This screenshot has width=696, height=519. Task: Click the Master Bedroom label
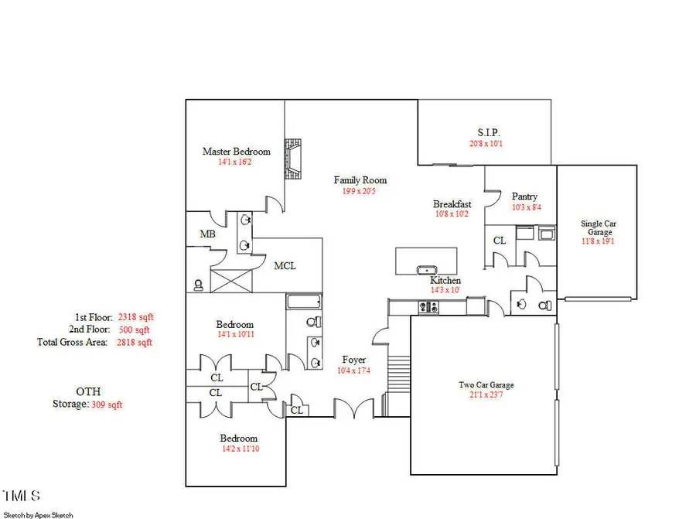click(x=236, y=152)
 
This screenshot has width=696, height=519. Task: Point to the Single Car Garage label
click(x=599, y=227)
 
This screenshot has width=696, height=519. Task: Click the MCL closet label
click(x=285, y=265)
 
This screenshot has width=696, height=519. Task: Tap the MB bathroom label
click(x=207, y=234)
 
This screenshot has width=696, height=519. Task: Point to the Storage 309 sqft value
click(x=107, y=404)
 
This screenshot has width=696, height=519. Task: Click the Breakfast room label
click(x=452, y=204)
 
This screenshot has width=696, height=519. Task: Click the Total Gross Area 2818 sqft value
click(x=135, y=342)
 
